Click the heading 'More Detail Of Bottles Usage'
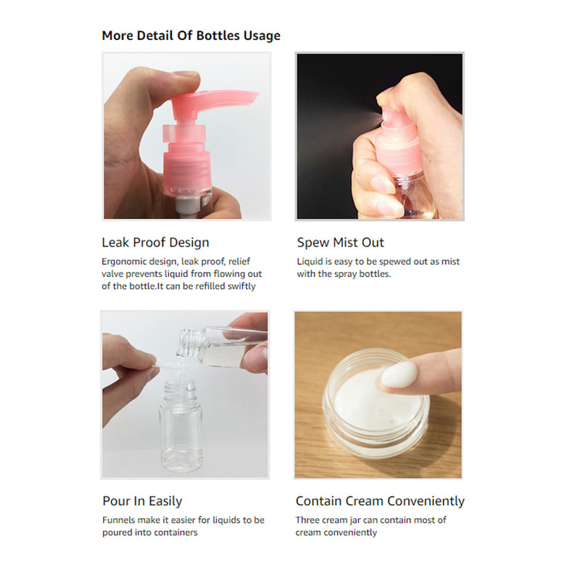pyautogui.click(x=191, y=36)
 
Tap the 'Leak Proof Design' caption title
pyautogui.click(x=155, y=243)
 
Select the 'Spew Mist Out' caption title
pyautogui.click(x=340, y=243)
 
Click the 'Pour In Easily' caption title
pyautogui.click(x=142, y=501)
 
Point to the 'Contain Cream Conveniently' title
pyautogui.click(x=380, y=501)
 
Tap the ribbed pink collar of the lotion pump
pyautogui.click(x=187, y=170)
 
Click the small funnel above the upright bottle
pyautogui.click(x=174, y=372)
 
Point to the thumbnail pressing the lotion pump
pyautogui.click(x=185, y=74)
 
